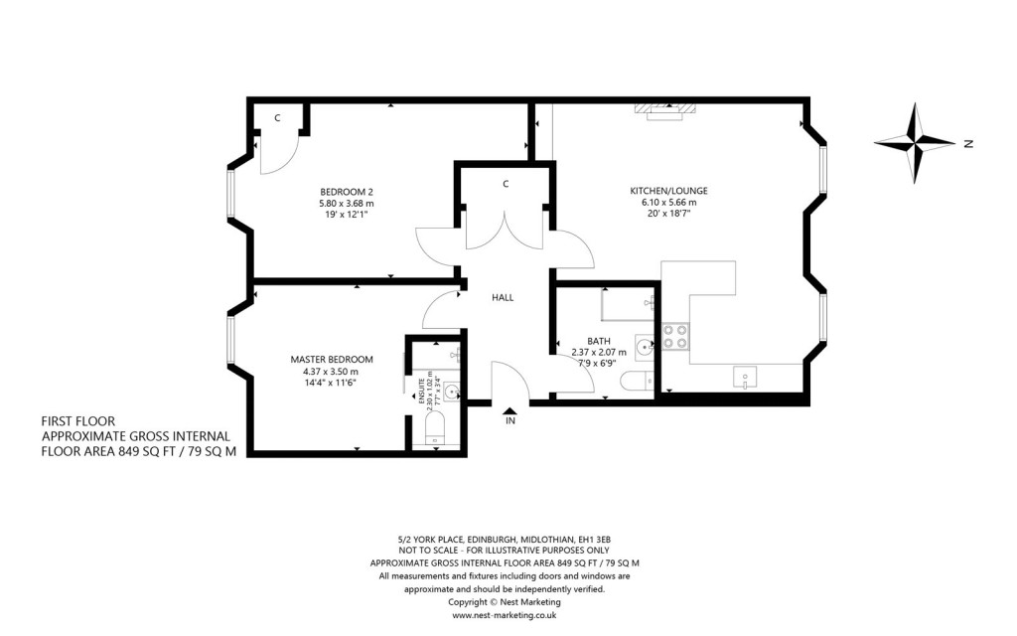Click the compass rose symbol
914,143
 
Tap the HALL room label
504,297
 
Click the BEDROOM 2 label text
347,192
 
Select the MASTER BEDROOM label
332,359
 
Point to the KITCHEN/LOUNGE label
668,191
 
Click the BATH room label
598,340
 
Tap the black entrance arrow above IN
509,408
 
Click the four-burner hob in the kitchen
675,337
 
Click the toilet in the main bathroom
634,381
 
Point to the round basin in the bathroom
645,347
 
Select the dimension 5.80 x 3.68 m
347,204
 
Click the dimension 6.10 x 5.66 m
668,203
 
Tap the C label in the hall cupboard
506,184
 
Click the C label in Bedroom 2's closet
278,118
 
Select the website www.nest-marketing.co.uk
504,615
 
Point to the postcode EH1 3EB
593,538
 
